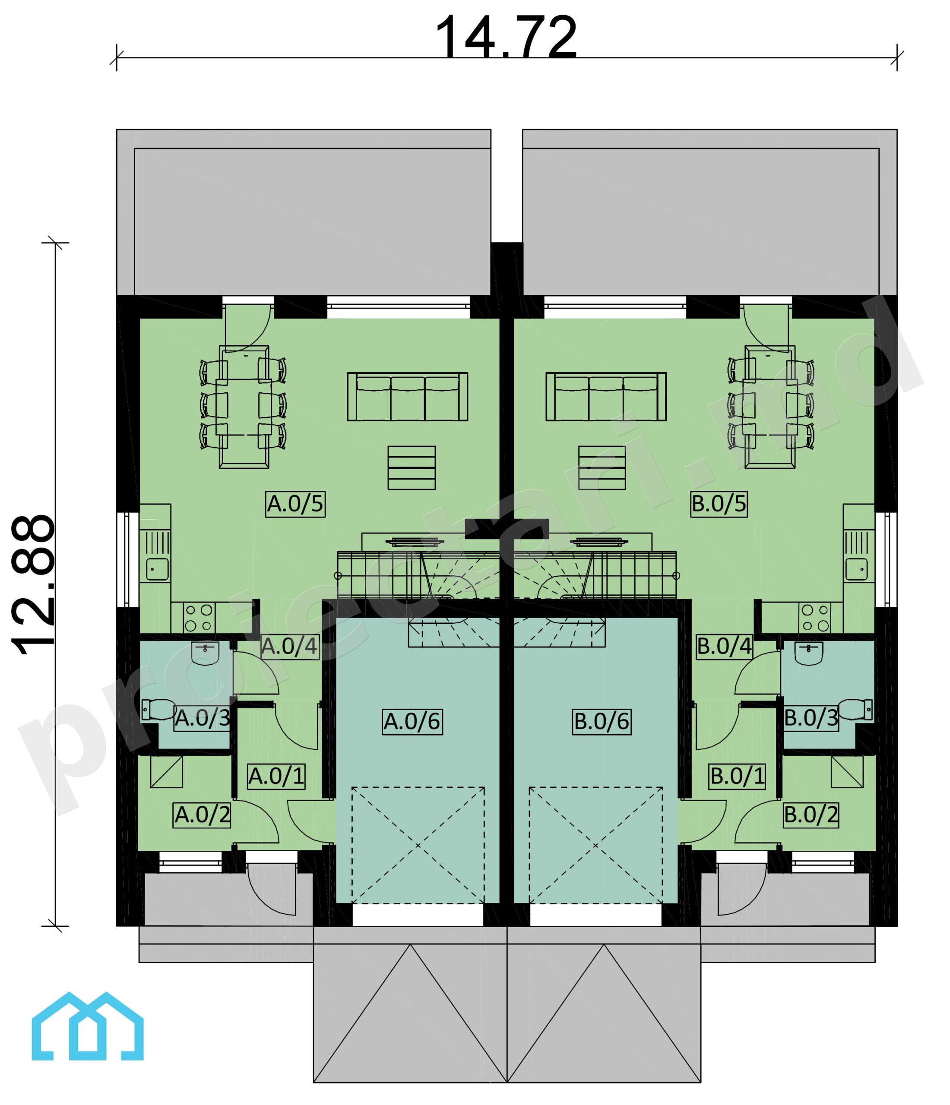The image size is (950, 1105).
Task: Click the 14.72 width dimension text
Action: (506, 37)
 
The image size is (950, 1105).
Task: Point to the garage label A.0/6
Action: (412, 722)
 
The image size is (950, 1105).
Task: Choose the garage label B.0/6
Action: (602, 722)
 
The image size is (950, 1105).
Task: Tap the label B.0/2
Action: (811, 815)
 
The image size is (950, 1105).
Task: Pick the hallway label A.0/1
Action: (276, 777)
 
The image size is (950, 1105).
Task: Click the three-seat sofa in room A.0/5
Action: (408, 396)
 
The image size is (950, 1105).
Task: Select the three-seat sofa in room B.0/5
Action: (606, 396)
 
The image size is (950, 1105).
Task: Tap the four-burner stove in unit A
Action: (199, 618)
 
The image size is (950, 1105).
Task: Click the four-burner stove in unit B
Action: (815, 618)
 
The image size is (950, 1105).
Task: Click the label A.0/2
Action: (202, 815)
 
